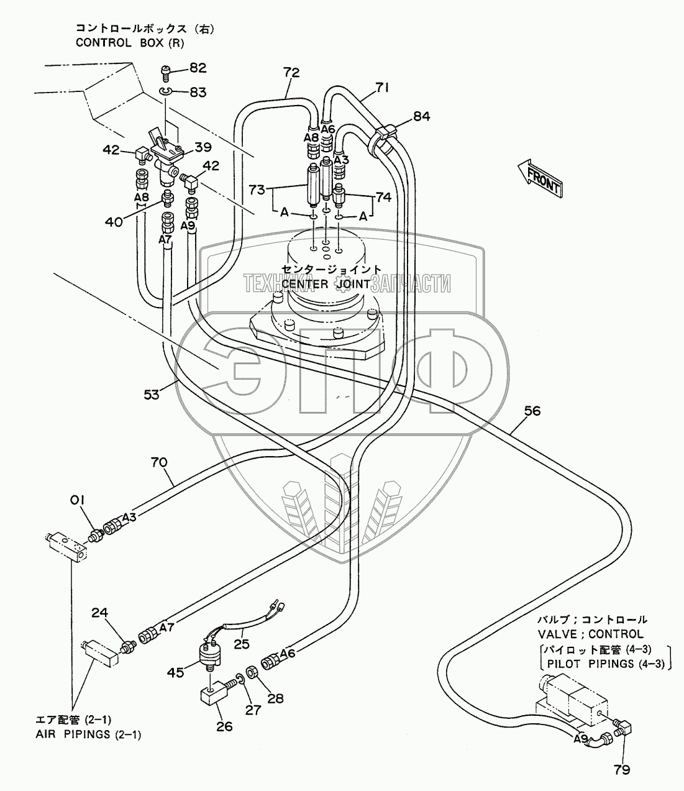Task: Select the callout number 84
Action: point(421,116)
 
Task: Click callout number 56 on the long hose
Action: point(532,411)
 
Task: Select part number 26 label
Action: point(224,726)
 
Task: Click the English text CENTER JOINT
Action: point(326,284)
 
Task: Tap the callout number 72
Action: point(291,73)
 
